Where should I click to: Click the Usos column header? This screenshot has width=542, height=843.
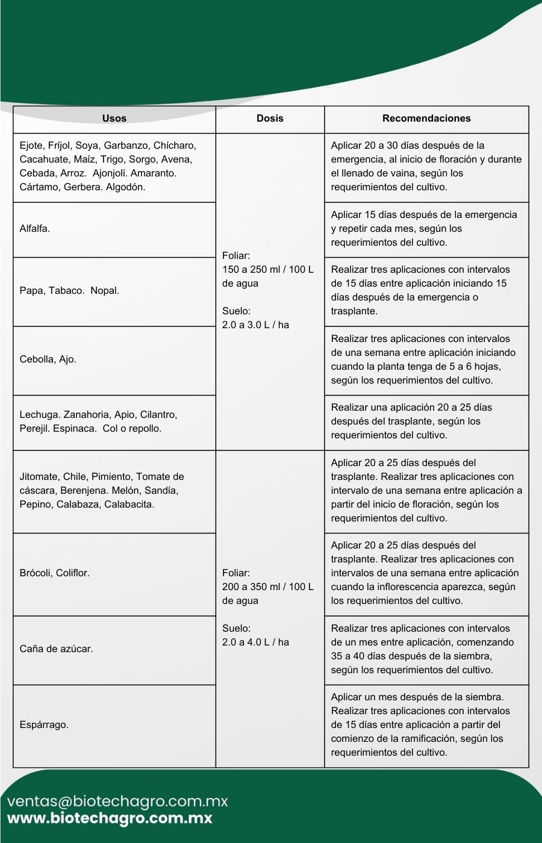click(x=114, y=119)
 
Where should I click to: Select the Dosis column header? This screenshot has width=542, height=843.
click(x=270, y=119)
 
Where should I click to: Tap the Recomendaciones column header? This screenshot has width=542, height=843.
click(x=426, y=119)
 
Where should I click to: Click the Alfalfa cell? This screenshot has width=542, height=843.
click(x=35, y=229)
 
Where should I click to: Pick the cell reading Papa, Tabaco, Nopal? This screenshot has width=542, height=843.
click(x=69, y=291)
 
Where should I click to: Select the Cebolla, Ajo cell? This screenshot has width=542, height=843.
click(x=48, y=359)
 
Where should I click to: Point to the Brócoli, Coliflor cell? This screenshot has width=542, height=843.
click(x=54, y=573)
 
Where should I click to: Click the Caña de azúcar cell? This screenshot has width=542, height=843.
click(x=56, y=649)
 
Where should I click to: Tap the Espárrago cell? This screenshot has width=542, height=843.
click(x=44, y=725)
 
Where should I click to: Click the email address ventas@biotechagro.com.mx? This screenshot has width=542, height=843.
click(x=117, y=801)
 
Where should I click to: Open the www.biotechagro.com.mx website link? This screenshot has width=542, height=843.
click(x=110, y=819)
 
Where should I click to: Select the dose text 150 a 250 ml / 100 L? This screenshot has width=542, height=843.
click(x=268, y=270)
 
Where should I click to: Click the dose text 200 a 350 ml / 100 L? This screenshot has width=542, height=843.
click(x=268, y=587)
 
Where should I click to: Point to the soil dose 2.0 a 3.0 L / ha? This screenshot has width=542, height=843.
click(x=255, y=325)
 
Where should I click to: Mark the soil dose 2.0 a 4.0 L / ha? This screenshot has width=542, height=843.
click(x=255, y=642)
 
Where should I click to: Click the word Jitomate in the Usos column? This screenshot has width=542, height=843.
click(x=39, y=477)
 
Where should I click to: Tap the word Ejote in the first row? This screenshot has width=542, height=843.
click(x=31, y=146)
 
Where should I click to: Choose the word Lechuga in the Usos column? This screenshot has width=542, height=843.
click(x=40, y=415)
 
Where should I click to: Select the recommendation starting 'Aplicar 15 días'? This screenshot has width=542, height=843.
click(x=424, y=229)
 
